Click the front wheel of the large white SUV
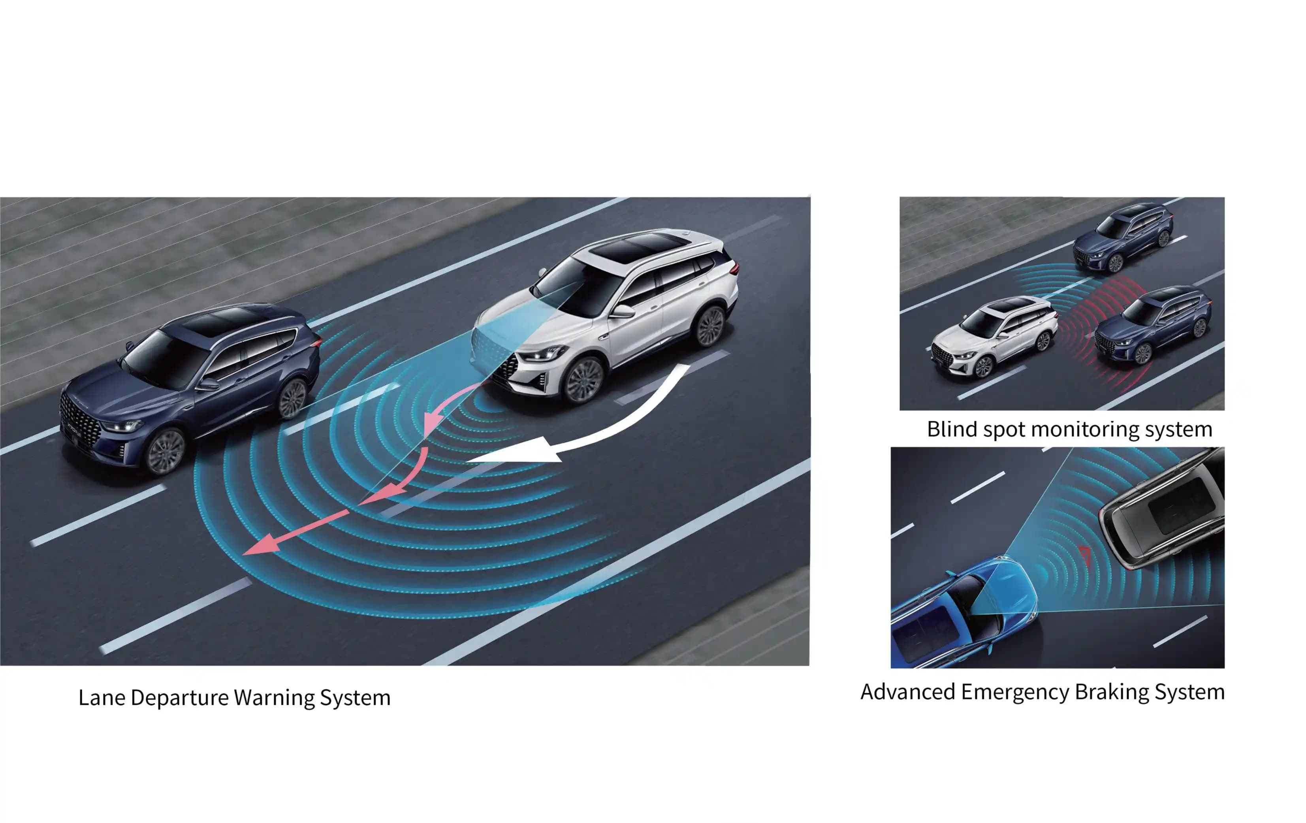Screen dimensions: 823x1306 [583, 379]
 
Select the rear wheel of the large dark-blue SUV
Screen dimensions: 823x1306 [293, 399]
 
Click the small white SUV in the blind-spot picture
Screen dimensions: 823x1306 [992, 336]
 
